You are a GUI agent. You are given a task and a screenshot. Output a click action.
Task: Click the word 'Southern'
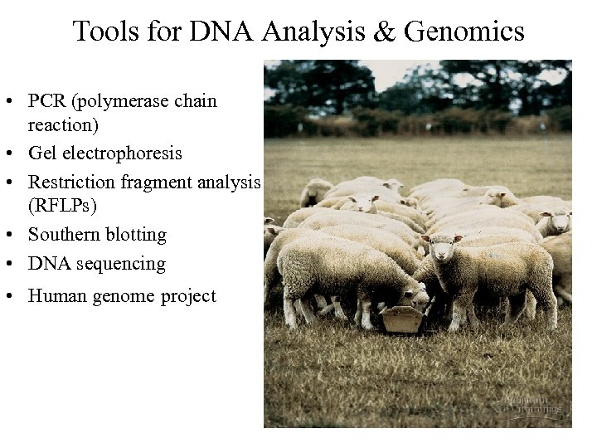(64, 235)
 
